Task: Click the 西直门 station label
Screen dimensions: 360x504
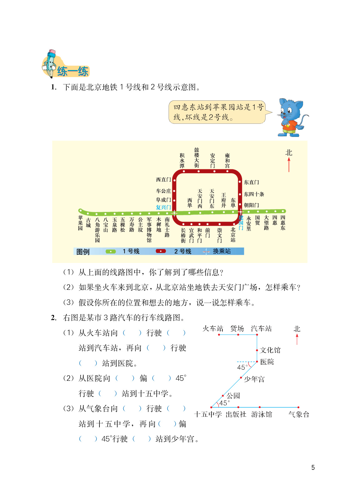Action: (163, 180)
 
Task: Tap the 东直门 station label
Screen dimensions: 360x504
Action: (251, 182)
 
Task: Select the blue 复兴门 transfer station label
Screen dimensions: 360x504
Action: (163, 207)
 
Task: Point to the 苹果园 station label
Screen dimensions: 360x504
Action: (80, 223)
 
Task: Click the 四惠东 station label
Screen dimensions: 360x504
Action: (283, 223)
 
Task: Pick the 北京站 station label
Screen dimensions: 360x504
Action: (233, 234)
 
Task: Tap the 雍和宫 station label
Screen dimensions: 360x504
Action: (227, 160)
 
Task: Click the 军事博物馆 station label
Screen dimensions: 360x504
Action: (149, 230)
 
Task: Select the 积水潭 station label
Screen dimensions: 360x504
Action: (182, 160)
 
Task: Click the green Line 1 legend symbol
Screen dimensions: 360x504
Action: (111, 251)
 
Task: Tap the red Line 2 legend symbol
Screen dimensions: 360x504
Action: (161, 251)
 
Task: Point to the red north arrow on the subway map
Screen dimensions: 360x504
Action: (289, 164)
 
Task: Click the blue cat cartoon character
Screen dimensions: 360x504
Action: (291, 117)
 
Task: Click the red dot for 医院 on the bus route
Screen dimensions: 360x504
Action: (257, 362)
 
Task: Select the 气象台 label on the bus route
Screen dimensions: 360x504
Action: (299, 415)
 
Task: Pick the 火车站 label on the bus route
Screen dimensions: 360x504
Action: (213, 329)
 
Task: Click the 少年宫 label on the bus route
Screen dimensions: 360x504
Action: (254, 380)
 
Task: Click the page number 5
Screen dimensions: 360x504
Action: (313, 467)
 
